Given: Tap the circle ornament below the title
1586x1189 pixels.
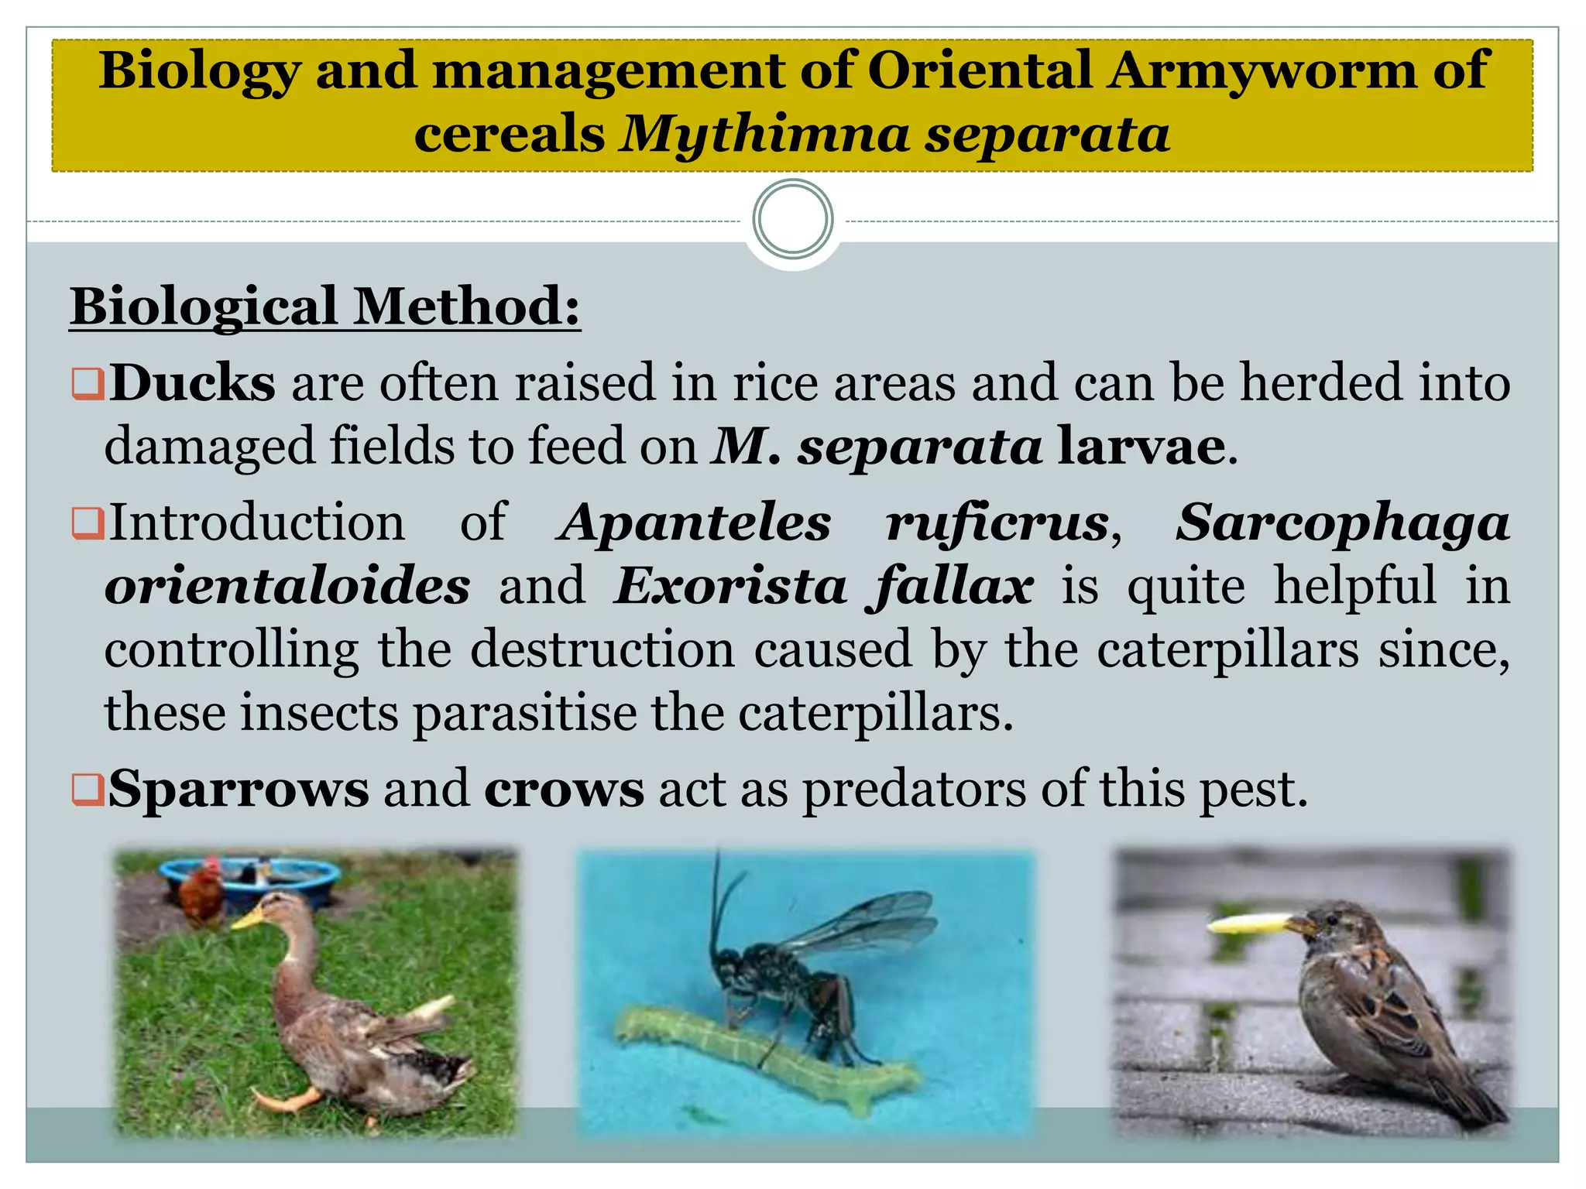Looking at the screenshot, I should [793, 219].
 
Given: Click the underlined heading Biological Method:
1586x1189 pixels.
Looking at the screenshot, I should [324, 307].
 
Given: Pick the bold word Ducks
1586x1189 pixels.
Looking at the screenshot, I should [192, 383].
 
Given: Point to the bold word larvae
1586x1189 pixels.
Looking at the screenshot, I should [1141, 447].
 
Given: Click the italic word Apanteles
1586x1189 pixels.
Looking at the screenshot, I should [695, 523].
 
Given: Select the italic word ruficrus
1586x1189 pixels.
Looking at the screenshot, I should [998, 523].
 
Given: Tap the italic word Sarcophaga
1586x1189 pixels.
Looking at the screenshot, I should [1343, 524].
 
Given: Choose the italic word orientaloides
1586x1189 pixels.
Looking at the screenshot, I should [287, 586].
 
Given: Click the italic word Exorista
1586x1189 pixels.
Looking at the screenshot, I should [731, 586].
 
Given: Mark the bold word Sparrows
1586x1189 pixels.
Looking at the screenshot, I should [239, 789].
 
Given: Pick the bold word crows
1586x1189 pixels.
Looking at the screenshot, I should [564, 790].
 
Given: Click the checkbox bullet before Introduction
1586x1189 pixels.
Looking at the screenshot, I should [88, 523].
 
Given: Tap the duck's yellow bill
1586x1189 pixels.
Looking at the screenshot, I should [248, 918].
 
